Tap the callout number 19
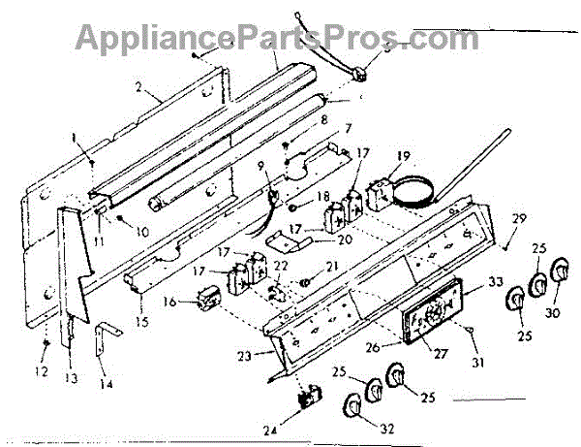pos(404,156)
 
